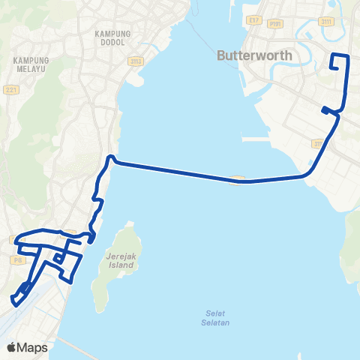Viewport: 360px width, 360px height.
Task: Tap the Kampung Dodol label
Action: (113, 37)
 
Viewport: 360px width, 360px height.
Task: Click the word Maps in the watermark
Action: (34, 347)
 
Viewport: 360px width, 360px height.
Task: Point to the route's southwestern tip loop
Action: (16, 301)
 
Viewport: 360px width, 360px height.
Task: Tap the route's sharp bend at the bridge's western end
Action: (110, 158)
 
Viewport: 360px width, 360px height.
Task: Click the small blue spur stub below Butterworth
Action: (325, 111)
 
